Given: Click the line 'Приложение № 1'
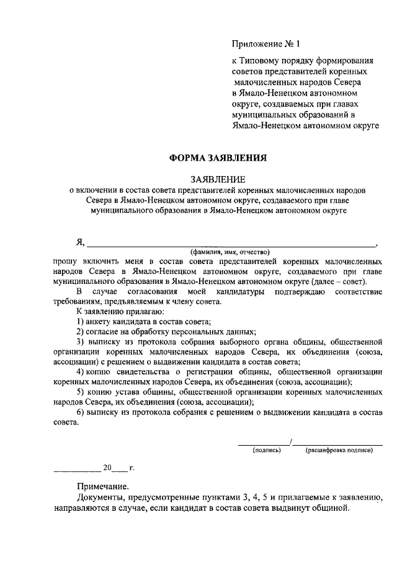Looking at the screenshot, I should point(265,44).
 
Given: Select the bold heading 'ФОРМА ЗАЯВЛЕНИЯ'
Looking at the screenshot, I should point(218,157).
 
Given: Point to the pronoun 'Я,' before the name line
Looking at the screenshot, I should point(81,242).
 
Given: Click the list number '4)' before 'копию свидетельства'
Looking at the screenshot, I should point(81,371).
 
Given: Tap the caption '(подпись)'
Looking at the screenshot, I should point(267,450).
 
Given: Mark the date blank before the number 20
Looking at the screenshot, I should point(76,469).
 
